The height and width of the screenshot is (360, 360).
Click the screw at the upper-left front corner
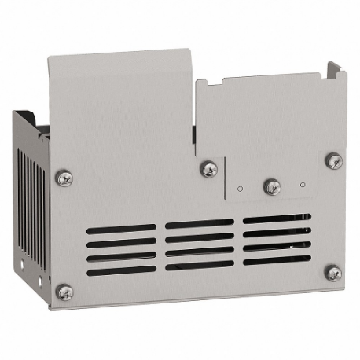click(64, 178)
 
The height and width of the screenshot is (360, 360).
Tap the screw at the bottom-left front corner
click(64, 292)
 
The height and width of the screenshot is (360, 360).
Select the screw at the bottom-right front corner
click(333, 273)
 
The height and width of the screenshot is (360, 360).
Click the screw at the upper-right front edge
click(333, 161)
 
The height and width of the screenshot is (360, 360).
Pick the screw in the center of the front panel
click(208, 169)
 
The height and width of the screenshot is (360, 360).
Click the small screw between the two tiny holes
click(273, 186)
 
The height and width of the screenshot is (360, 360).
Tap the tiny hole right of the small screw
click(303, 186)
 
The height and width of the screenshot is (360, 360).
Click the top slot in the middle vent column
click(199, 223)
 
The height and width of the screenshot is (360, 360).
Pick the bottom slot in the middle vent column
click(199, 266)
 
